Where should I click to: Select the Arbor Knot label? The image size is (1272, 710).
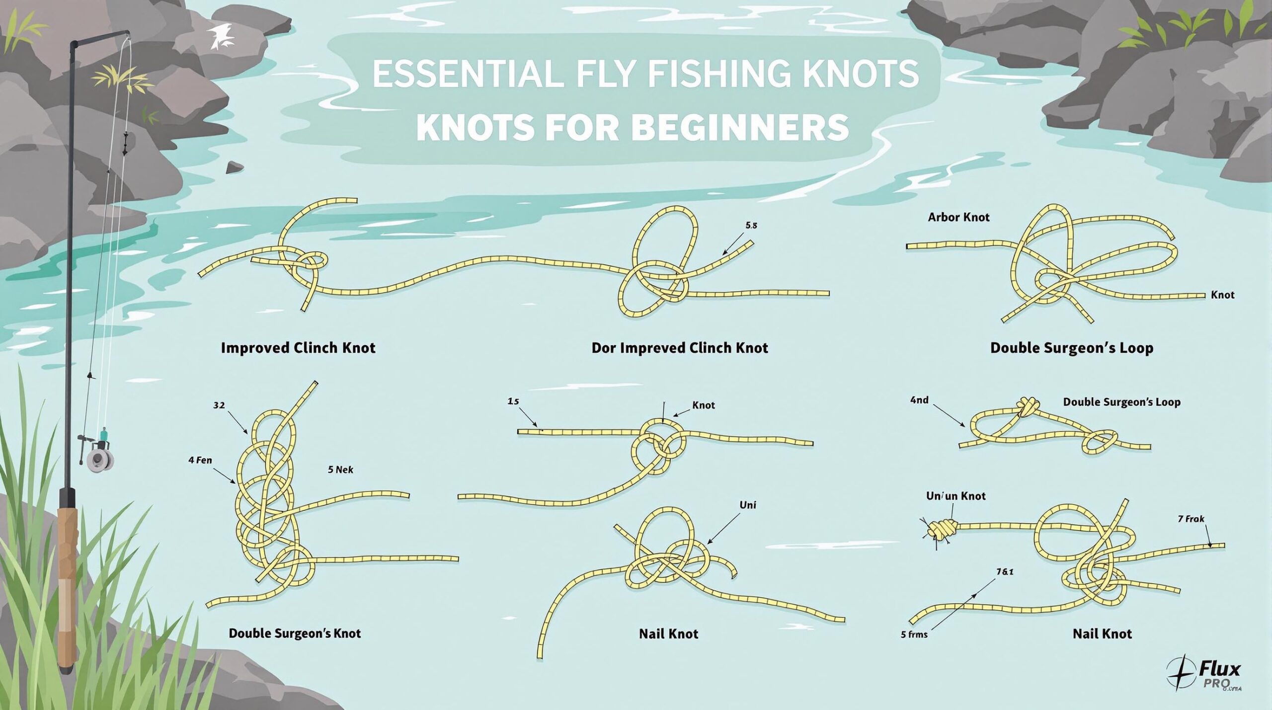[958, 217]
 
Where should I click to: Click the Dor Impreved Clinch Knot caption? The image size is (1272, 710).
[679, 348]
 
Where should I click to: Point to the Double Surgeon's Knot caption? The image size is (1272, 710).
[295, 633]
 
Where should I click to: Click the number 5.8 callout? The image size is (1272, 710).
[751, 225]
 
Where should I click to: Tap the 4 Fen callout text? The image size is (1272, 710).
[200, 460]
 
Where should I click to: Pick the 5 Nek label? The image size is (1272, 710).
[340, 470]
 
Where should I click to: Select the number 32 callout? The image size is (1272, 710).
[219, 405]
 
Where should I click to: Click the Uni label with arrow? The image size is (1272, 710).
[747, 505]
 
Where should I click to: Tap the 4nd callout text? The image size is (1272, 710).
[919, 400]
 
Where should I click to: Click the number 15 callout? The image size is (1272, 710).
[513, 400]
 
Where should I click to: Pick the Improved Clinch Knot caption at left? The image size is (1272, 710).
[298, 348]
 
